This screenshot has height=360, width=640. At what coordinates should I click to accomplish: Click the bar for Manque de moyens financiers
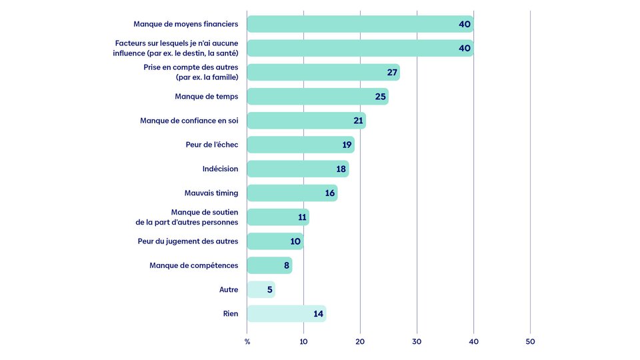360,24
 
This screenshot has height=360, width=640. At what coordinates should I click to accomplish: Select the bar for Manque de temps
317,96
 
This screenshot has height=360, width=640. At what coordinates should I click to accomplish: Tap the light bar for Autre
261,289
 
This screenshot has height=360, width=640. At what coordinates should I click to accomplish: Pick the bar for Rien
287,313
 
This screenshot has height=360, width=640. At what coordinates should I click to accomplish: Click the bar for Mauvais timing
292,193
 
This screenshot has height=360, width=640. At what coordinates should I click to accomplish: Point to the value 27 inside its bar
392,72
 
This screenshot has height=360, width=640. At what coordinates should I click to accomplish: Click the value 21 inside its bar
358,121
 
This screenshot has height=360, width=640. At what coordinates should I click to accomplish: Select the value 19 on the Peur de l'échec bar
347,145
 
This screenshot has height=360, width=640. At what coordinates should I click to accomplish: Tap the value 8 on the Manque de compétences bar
287,266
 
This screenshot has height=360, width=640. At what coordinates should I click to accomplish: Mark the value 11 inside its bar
302,217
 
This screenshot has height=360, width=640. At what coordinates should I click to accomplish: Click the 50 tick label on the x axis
530,341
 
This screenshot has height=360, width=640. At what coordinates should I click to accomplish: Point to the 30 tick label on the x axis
417,341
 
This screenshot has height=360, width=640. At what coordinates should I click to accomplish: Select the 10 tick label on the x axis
304,341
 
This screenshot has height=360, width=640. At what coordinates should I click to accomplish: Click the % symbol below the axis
247,341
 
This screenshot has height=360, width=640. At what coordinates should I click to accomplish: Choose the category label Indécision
221,169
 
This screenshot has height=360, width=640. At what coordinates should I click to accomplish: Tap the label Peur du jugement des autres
188,241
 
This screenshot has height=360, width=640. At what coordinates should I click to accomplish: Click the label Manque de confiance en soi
189,121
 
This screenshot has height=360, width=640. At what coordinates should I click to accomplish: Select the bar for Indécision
298,169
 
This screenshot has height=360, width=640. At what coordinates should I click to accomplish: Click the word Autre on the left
229,289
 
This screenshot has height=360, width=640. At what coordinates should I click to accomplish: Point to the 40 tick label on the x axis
473,341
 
